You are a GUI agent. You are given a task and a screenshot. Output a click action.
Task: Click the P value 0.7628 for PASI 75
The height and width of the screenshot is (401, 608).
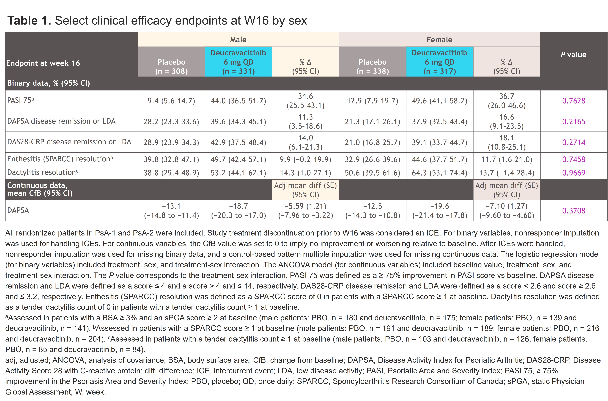[574, 101]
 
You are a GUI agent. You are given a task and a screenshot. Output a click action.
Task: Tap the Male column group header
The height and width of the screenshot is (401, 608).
[238, 40]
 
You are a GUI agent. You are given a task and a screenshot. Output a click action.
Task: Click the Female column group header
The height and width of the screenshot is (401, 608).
[439, 40]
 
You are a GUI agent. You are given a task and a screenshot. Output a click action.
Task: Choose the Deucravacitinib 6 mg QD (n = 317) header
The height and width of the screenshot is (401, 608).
[439, 62]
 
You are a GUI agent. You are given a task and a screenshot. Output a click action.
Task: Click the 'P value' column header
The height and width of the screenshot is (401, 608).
[574, 54]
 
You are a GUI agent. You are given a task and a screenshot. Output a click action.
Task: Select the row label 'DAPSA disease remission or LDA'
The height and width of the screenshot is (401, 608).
[61, 121]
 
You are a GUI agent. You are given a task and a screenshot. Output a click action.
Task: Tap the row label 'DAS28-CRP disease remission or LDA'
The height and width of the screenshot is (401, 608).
[69, 142]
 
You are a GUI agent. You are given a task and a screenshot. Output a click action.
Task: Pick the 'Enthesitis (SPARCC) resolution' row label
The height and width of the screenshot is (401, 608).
[60, 159]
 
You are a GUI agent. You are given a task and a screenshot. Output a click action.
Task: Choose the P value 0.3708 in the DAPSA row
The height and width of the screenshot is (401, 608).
[574, 211]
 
